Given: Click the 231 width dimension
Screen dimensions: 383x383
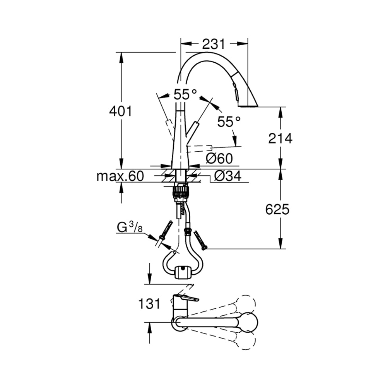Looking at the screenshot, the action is click(x=213, y=44).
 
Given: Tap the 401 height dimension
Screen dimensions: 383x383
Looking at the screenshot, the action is click(x=120, y=111).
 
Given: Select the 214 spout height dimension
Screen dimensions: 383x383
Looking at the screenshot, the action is click(x=280, y=138).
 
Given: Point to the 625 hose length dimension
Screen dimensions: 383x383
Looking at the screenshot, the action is click(x=277, y=209).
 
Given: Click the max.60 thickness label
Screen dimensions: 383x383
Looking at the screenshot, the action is click(x=120, y=176).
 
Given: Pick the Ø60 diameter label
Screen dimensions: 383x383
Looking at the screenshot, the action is click(x=219, y=159).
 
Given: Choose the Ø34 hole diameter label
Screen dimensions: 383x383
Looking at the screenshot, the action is click(x=228, y=176).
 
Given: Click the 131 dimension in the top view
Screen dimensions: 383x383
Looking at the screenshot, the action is click(x=149, y=304).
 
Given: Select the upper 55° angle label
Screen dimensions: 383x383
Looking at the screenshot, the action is click(x=185, y=94).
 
